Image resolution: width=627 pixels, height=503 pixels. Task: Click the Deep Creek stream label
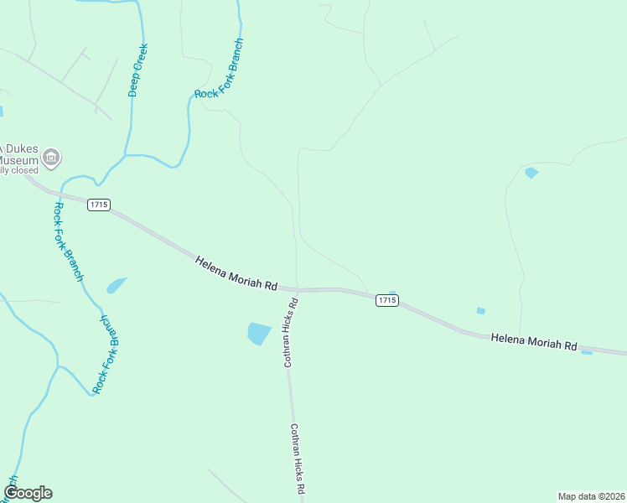137,70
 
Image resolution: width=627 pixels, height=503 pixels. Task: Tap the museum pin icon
52,157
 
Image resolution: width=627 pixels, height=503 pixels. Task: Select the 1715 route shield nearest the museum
98,205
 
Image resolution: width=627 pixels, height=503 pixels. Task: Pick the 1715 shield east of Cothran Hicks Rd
386,300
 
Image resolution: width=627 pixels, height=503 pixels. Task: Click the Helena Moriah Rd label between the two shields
236,273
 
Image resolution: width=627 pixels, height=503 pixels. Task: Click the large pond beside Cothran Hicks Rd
259,333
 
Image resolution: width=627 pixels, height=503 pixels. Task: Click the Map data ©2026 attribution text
591,495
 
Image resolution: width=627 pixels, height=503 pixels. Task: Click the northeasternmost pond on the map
531,174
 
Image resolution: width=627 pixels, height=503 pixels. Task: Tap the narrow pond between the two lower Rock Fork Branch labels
117,285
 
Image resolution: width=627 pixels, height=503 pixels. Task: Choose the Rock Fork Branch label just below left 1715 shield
69,241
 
